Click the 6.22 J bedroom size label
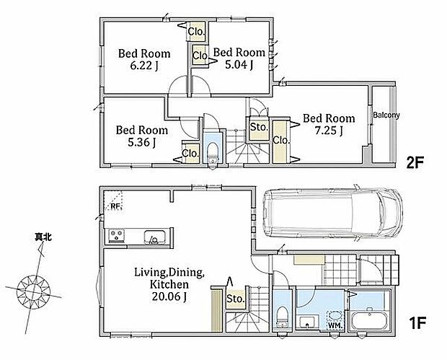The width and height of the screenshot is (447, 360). click(x=144, y=66)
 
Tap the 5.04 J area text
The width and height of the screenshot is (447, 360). click(x=239, y=65)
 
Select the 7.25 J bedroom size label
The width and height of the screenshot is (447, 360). click(x=329, y=131)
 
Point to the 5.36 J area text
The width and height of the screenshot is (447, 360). click(x=141, y=143)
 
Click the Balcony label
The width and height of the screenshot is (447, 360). click(x=386, y=115)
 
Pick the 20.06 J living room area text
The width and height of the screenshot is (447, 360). click(x=169, y=297)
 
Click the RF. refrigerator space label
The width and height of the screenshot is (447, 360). click(x=116, y=206)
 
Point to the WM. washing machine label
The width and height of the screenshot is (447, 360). click(x=335, y=325)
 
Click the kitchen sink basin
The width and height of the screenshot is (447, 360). click(x=155, y=237)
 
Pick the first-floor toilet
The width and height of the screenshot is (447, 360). click(x=282, y=317)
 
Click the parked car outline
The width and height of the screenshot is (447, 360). click(x=333, y=213)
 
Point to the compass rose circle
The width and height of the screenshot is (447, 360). click(x=34, y=291)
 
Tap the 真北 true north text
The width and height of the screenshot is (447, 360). click(x=43, y=237)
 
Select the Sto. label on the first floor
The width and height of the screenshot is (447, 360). click(x=236, y=299)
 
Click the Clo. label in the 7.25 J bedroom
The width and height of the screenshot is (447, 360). click(x=281, y=140)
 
